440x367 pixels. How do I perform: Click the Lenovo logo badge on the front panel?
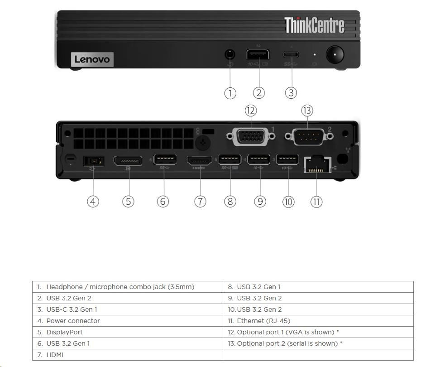(92, 59)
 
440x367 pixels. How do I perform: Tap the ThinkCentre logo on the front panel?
(314, 25)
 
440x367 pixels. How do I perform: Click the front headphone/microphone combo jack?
(230, 55)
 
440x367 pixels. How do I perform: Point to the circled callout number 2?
(258, 93)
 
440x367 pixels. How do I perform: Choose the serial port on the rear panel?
(307, 136)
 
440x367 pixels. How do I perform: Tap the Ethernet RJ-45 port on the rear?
(317, 164)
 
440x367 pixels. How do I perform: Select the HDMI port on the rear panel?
(199, 161)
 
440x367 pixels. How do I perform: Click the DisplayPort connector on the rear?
(128, 161)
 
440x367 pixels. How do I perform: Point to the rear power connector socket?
(94, 161)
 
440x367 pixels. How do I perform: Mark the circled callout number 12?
(251, 110)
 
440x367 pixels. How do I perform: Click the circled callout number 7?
(200, 201)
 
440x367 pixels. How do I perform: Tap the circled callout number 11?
(316, 201)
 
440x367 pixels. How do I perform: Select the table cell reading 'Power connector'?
(127, 321)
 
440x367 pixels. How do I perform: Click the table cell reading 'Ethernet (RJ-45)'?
(318, 321)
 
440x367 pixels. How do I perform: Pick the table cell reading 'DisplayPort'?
(127, 332)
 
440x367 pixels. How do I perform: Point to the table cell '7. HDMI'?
(127, 355)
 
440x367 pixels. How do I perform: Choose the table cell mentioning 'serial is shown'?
(318, 343)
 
